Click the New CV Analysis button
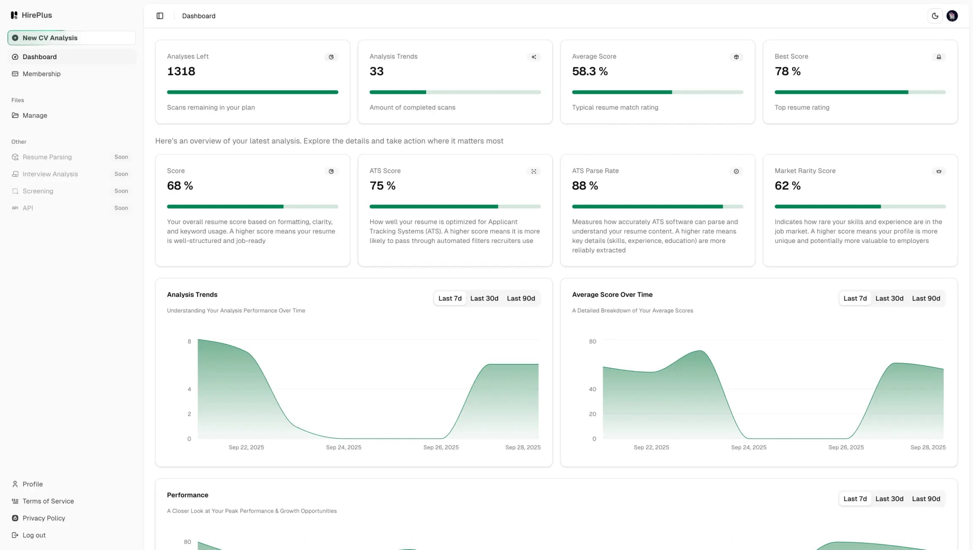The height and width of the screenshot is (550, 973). point(71,38)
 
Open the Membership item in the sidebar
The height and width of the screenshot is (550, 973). point(41,74)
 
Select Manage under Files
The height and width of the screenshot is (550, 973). point(35,116)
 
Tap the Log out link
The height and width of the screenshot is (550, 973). point(34,535)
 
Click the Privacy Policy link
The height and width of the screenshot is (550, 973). point(43,518)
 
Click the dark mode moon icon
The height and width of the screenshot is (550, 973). point(935,16)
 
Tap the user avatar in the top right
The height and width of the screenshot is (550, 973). point(952,16)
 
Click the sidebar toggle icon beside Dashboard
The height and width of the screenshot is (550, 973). point(160,16)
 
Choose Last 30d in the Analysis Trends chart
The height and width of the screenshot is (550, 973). point(484,299)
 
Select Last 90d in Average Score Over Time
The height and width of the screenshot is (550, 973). point(926,299)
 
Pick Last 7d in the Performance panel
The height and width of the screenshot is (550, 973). point(855,499)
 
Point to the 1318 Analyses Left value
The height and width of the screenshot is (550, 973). point(181,71)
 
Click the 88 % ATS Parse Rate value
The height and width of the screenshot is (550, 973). point(585,186)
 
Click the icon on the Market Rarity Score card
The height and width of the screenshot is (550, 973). point(938,171)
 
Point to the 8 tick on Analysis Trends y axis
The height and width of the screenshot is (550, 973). point(189,342)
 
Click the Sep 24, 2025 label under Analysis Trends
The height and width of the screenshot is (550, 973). point(343,448)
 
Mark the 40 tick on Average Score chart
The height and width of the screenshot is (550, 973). point(592,389)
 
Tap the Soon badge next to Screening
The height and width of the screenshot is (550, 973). point(121,191)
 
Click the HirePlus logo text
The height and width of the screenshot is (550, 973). point(37,15)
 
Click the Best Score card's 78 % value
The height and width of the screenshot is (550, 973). point(787,71)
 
